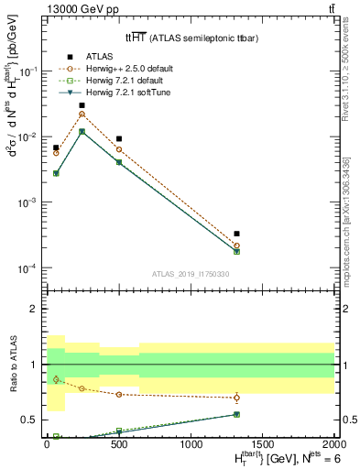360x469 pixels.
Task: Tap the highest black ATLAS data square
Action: click(82, 105)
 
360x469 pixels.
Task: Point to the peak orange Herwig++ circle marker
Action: click(82, 114)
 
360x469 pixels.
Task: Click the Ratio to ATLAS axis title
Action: click(12, 364)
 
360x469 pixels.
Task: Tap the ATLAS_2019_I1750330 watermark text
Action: click(191, 274)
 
